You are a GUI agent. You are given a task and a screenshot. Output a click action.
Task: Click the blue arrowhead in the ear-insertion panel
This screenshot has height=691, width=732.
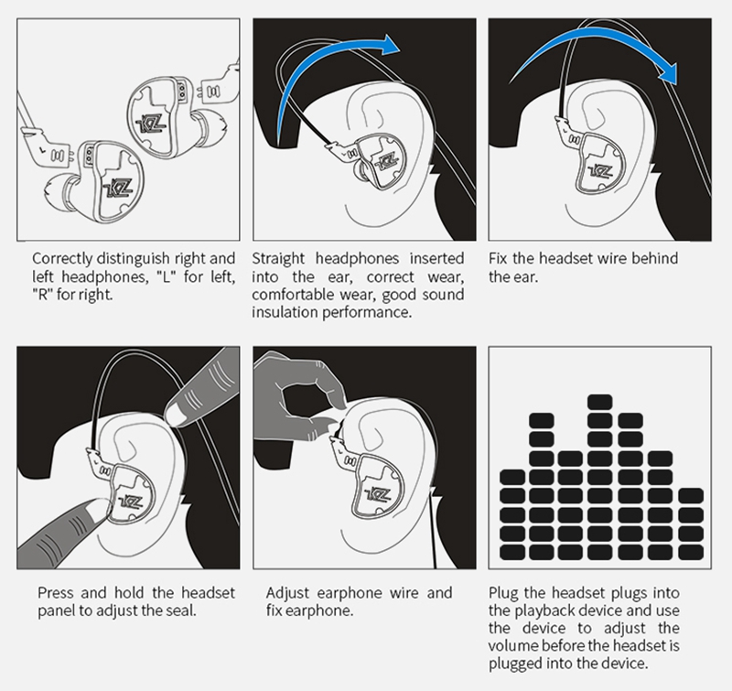coord(391,47)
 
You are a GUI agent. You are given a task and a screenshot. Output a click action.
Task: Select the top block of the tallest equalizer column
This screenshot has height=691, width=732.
coord(599,403)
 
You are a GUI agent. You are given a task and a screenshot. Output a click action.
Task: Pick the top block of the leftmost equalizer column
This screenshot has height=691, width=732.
coord(514,476)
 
